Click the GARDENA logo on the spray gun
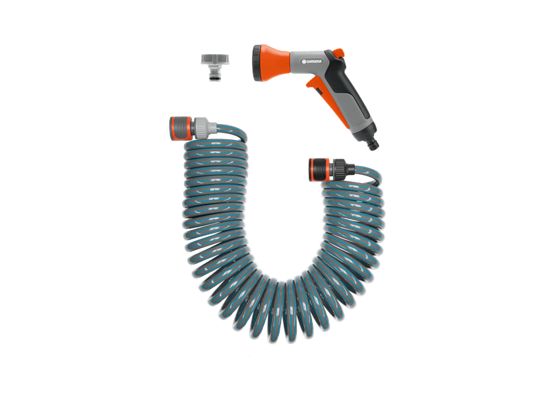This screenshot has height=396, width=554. point(311,61)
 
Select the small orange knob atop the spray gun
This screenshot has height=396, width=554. point(338,52)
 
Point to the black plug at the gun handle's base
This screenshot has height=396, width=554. point(373,143)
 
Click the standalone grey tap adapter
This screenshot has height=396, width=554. point(215,67)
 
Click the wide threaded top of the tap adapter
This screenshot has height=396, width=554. point(215,59)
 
